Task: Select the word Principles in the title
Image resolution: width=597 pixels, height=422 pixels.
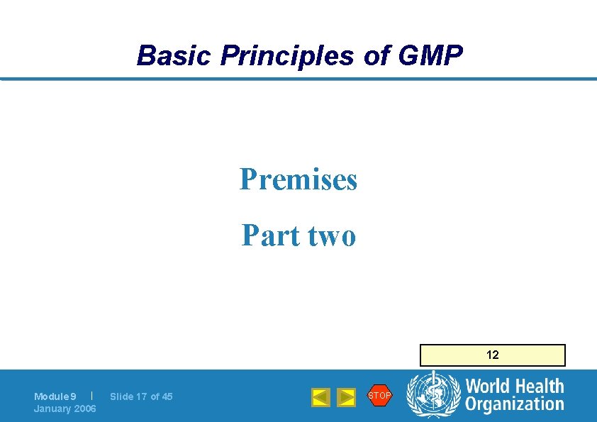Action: pyautogui.click(x=286, y=55)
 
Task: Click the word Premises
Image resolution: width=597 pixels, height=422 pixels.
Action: pyautogui.click(x=298, y=179)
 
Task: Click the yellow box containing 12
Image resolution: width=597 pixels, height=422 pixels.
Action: pyautogui.click(x=492, y=355)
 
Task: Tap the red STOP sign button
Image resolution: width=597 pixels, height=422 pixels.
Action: pyautogui.click(x=379, y=396)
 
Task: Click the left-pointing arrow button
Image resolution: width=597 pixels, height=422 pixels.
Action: pyautogui.click(x=320, y=397)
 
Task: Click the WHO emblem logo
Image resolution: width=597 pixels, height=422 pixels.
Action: pyautogui.click(x=433, y=396)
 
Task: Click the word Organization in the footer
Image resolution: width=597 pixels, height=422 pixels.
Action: pyautogui.click(x=515, y=404)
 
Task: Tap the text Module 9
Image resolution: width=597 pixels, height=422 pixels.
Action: pyautogui.click(x=55, y=396)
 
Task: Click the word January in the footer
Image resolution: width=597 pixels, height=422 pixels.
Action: pyautogui.click(x=51, y=409)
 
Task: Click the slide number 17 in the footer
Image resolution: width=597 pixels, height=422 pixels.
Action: pyautogui.click(x=141, y=396)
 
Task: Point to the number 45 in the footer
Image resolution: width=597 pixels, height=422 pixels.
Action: pyautogui.click(x=167, y=396)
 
